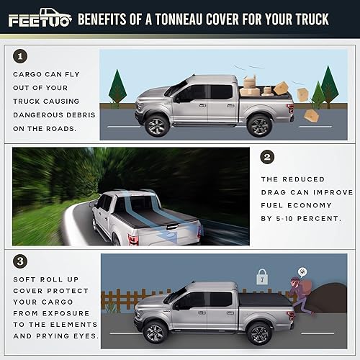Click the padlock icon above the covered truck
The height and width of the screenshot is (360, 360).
(262, 276)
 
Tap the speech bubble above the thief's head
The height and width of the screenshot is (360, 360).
(304, 271)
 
